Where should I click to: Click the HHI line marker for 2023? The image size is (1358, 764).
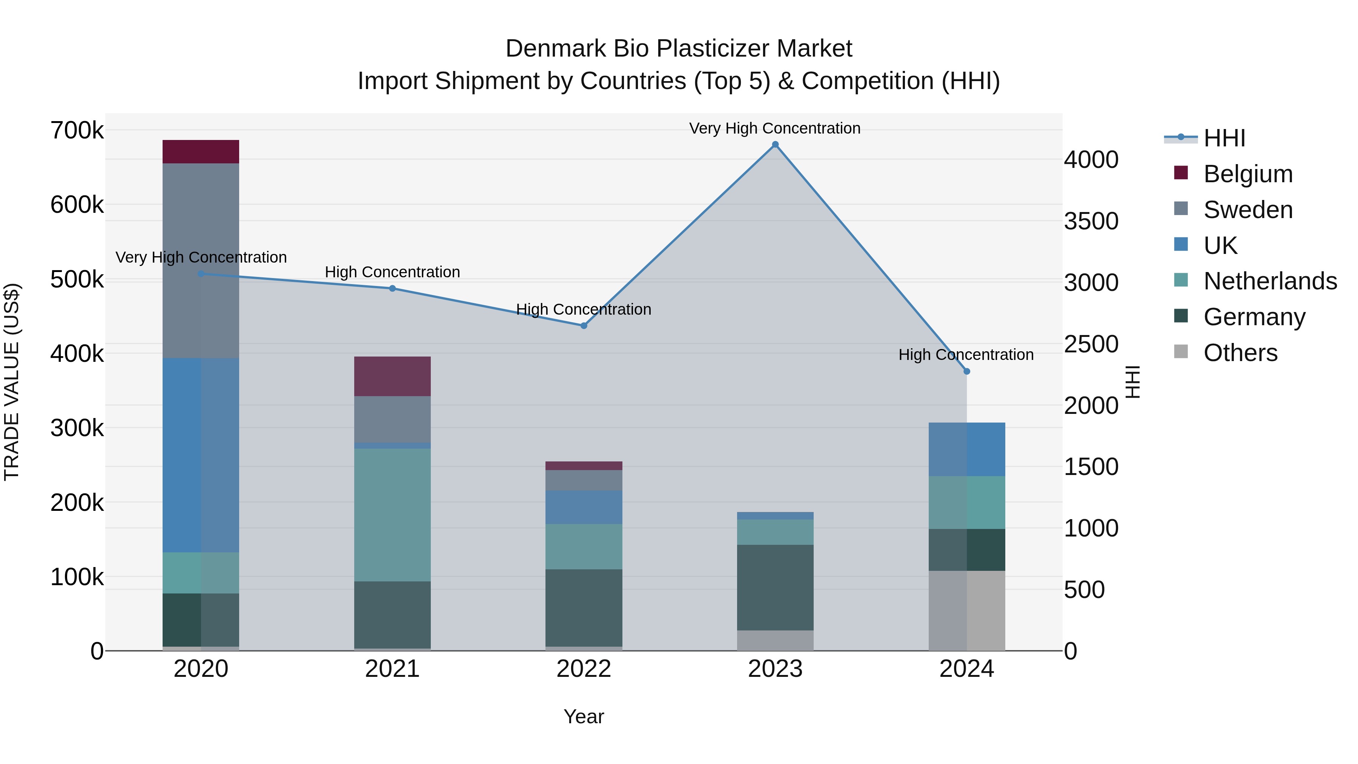(775, 144)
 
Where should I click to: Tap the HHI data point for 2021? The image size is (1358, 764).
(392, 288)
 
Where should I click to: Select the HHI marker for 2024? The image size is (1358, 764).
(966, 371)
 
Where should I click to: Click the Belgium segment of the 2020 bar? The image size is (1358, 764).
(201, 152)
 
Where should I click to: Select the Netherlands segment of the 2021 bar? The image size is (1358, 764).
(392, 515)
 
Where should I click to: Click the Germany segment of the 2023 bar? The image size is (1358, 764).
(775, 587)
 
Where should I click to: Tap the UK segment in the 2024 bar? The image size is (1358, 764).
(966, 449)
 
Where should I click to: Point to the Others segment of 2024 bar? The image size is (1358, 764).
(966, 610)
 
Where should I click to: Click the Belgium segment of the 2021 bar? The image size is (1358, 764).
(392, 376)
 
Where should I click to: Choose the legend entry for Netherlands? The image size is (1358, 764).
(1270, 281)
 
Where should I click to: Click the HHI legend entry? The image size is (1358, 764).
(1224, 138)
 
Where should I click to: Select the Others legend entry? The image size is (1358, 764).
(1240, 353)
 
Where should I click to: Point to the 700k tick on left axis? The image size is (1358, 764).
(77, 130)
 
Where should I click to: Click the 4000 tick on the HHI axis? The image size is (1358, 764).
(1090, 160)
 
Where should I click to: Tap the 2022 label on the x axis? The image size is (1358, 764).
(584, 669)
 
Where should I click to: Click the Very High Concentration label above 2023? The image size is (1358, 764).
(774, 128)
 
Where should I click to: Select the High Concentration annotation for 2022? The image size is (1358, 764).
(583, 309)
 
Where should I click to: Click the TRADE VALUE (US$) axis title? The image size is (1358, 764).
(12, 382)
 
